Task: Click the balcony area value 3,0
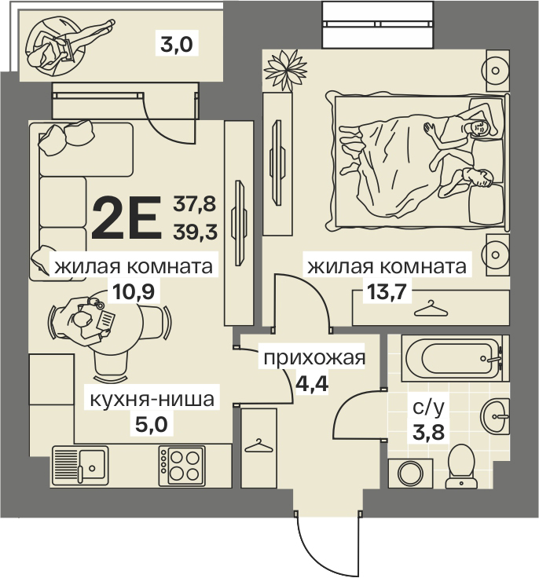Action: tap(177, 45)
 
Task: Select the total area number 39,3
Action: tap(196, 232)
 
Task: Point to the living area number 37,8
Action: tap(195, 204)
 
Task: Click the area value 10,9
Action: tap(134, 292)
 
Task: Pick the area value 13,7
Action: tap(387, 292)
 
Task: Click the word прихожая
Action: tap(314, 358)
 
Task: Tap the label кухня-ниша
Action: tap(152, 399)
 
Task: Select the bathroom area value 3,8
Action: tap(428, 432)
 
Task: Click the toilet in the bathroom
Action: tap(461, 466)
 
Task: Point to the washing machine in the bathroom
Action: tap(410, 474)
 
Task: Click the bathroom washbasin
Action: tap(495, 416)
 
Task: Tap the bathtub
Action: tap(455, 358)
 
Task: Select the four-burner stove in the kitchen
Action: tap(181, 466)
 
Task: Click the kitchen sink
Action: tap(80, 466)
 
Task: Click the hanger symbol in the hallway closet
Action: tap(258, 445)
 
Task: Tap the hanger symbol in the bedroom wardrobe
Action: tap(431, 309)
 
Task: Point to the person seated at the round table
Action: tap(86, 320)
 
